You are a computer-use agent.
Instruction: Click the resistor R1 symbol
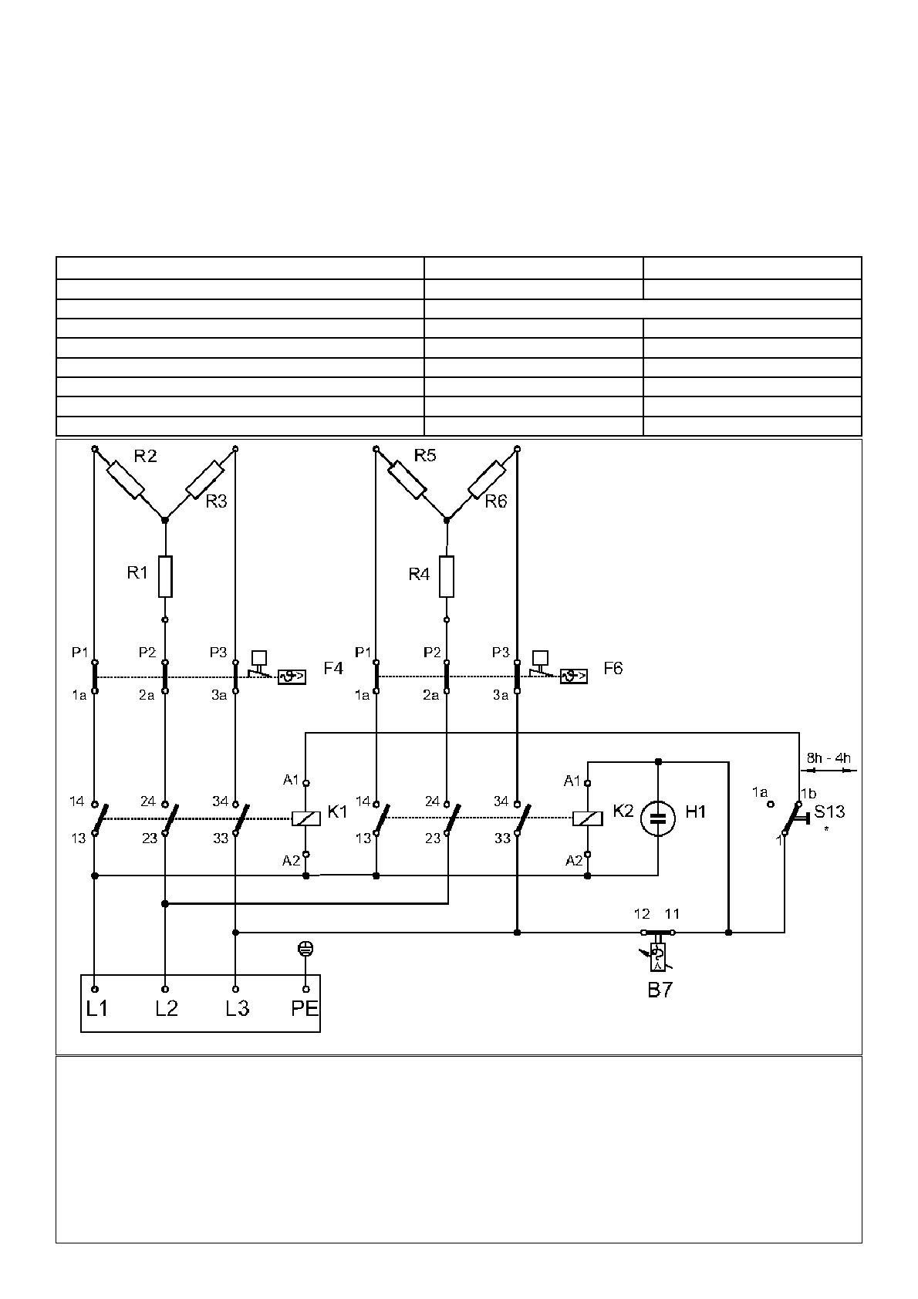[165, 576]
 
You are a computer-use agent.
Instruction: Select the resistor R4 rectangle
[447, 576]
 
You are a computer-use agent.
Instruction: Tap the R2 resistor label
[145, 456]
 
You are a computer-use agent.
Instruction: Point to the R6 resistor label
[496, 501]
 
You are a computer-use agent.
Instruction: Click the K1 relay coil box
[306, 818]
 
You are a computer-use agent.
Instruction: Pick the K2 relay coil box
[588, 818]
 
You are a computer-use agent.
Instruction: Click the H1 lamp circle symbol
[658, 819]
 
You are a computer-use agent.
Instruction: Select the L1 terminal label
[96, 1008]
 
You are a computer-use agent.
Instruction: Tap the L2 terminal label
[166, 1008]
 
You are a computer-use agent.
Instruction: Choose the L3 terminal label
[237, 1008]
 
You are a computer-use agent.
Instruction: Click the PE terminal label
[305, 1008]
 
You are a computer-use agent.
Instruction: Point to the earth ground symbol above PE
[306, 950]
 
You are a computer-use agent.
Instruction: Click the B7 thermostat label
[660, 990]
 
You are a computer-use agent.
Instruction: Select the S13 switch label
[829, 811]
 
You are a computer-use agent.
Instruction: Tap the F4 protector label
[333, 668]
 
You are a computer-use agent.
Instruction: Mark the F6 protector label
[613, 668]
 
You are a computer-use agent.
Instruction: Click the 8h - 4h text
[829, 757]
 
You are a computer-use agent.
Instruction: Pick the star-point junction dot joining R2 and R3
[165, 520]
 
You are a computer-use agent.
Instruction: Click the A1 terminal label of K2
[572, 781]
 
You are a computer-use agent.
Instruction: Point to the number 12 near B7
[642, 914]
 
